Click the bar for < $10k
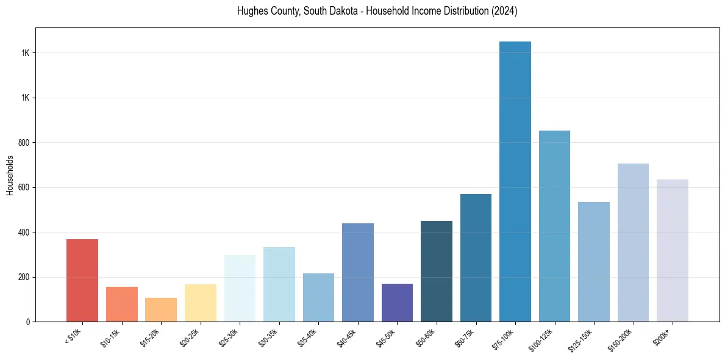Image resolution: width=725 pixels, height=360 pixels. tap(82, 280)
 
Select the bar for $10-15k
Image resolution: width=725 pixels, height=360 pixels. tap(121, 304)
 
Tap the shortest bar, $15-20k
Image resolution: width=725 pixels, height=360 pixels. tap(161, 309)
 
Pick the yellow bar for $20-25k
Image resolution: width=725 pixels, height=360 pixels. tap(201, 303)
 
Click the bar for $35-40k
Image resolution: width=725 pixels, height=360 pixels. tap(318, 297)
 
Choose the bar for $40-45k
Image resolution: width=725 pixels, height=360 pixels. tap(358, 272)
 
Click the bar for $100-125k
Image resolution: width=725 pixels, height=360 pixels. tap(554, 226)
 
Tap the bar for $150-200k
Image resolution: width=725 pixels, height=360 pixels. tap(633, 242)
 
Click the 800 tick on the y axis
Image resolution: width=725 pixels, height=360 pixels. tap(25, 143)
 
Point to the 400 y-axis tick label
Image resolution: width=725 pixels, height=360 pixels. tap(25, 232)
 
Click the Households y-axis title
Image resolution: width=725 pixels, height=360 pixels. tap(10, 175)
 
